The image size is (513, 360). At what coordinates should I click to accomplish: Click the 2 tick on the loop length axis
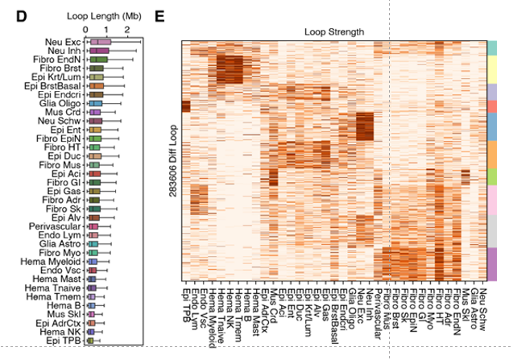click(127, 29)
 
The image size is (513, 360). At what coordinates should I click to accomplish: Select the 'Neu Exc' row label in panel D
click(64, 42)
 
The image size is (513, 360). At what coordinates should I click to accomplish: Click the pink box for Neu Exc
click(101, 42)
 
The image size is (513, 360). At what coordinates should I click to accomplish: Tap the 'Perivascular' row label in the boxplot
click(56, 227)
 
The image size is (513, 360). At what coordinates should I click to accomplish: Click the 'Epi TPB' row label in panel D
click(65, 341)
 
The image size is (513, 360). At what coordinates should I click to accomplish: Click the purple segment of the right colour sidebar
click(493, 264)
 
